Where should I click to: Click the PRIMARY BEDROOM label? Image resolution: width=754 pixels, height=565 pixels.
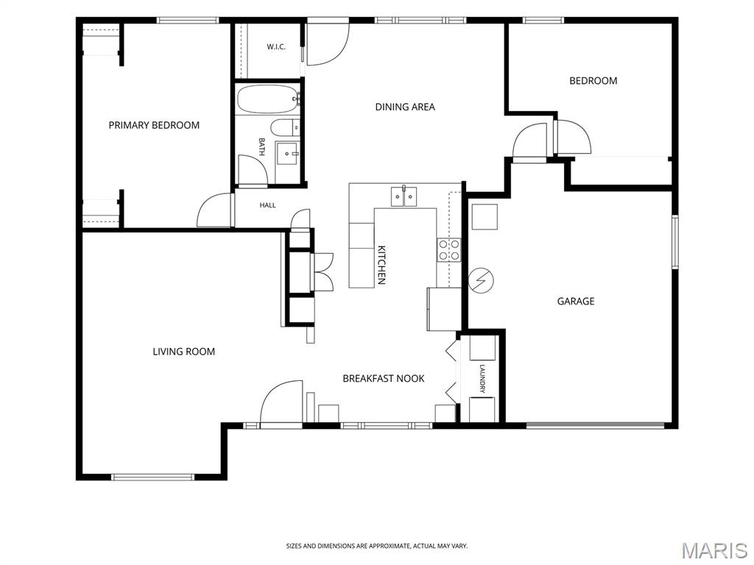point(154,125)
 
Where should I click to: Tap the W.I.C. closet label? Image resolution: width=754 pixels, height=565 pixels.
point(276,46)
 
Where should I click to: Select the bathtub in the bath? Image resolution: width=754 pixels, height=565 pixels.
point(268,99)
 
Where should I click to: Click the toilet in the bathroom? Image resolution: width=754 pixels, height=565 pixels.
point(285,128)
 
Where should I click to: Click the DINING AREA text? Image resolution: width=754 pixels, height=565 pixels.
point(405,107)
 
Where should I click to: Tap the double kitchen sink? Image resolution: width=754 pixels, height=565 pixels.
point(404,196)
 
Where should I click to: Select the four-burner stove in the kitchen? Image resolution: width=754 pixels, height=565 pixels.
point(448,250)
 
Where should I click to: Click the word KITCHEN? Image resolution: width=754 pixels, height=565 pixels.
point(382,265)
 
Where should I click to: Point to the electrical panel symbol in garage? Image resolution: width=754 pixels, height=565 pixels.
point(481,280)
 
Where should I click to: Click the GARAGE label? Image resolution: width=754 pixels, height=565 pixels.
point(576,301)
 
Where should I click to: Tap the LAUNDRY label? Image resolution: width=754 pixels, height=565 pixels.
point(482,379)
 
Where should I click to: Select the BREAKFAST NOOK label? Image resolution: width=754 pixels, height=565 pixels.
point(383,379)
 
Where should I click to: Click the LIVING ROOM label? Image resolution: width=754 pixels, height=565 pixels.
point(183,352)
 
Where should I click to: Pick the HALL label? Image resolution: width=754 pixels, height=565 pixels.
point(268,205)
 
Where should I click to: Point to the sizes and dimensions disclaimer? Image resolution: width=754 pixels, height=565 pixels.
point(377,547)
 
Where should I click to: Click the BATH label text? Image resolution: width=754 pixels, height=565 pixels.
point(261,147)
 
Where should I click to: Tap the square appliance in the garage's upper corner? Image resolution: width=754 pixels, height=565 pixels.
point(485,217)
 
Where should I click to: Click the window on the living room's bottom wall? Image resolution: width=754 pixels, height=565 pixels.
point(152,477)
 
